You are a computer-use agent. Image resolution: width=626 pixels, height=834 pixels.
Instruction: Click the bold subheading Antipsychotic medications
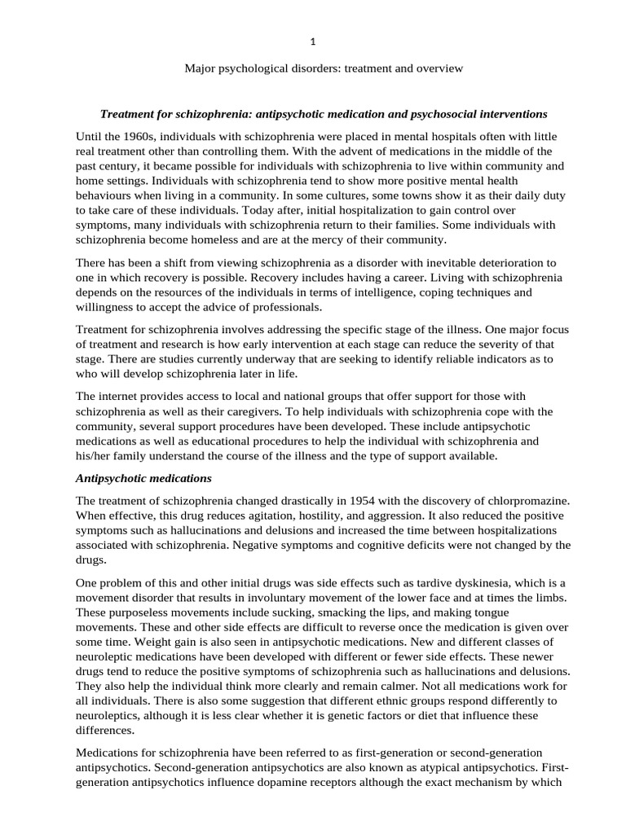(x=143, y=477)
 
